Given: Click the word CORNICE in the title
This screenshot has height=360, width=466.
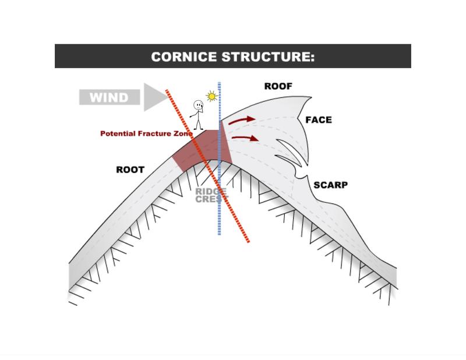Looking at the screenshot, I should click(185, 57).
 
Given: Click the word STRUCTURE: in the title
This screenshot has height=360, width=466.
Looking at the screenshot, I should click(269, 57).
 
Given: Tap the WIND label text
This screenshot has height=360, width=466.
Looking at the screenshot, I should click(109, 97).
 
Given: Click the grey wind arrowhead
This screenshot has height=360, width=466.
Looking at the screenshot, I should click(154, 97).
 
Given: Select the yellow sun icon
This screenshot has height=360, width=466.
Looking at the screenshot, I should click(211, 96).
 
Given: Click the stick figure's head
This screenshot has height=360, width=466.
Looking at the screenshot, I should click(199, 106).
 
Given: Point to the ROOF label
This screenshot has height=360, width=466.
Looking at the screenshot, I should click(278, 86).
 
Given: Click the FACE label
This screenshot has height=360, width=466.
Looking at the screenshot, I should click(318, 120).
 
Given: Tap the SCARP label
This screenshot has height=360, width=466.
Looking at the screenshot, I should click(330, 185).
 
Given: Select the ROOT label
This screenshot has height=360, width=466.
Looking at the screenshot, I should click(130, 170).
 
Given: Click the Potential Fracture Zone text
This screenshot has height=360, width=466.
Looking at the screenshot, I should click(146, 134).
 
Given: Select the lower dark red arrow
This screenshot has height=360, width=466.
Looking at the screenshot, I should click(245, 139).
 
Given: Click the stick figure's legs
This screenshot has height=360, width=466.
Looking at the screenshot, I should click(199, 123).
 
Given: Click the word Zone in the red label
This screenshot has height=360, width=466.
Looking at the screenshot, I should click(183, 134).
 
